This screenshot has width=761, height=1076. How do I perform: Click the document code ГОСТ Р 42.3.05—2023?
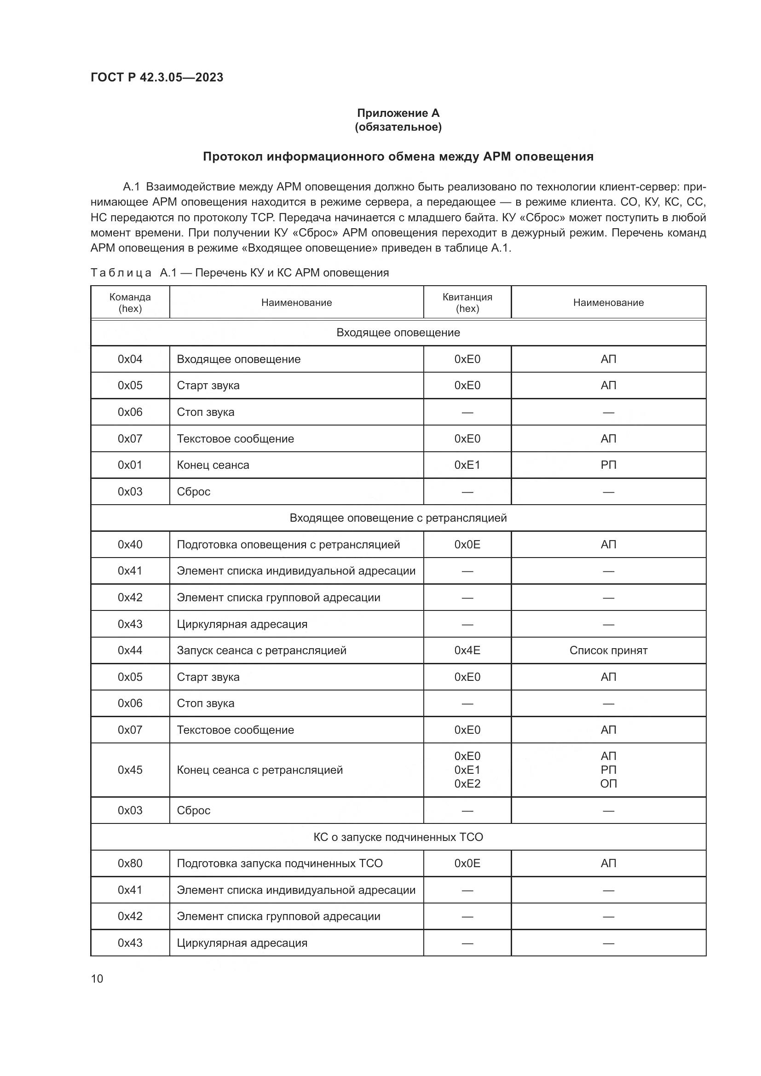coord(156,77)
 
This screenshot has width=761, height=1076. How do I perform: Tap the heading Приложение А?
coord(398,113)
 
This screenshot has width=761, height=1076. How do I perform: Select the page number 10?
coord(97,978)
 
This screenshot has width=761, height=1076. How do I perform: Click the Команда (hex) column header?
coord(130,303)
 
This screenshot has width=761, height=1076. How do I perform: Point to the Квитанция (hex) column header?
coord(467,303)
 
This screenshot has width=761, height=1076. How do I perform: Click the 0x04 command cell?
coord(130,359)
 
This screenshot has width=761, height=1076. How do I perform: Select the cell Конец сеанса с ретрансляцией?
coord(259,770)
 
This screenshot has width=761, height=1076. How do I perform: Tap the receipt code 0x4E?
coord(467,650)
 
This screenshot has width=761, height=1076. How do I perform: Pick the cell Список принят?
coord(608,650)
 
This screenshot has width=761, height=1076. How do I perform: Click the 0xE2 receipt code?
coord(467,783)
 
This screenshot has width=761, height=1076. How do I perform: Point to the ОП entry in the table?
coord(608,783)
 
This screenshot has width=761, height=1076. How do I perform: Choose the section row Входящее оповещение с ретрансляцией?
coord(398,518)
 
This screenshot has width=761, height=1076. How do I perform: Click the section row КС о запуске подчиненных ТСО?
coord(398,837)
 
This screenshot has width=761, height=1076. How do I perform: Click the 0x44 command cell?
coord(130,650)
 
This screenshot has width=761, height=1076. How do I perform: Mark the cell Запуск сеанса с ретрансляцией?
coord(261,650)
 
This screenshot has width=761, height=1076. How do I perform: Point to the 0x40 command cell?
coord(130,545)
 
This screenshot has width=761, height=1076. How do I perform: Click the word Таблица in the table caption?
coord(121,273)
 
